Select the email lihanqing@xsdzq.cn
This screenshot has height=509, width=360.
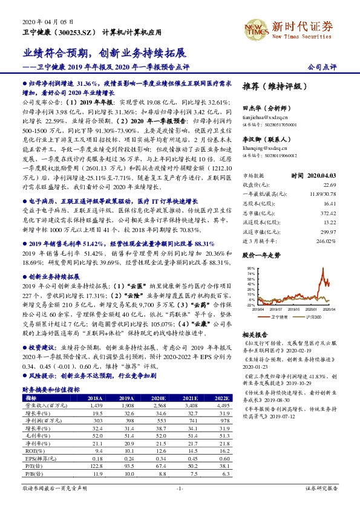[263, 147]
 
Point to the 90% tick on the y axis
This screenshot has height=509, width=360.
[250, 267]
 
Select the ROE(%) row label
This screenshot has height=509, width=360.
[30, 450]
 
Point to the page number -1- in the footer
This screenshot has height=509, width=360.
[180, 488]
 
